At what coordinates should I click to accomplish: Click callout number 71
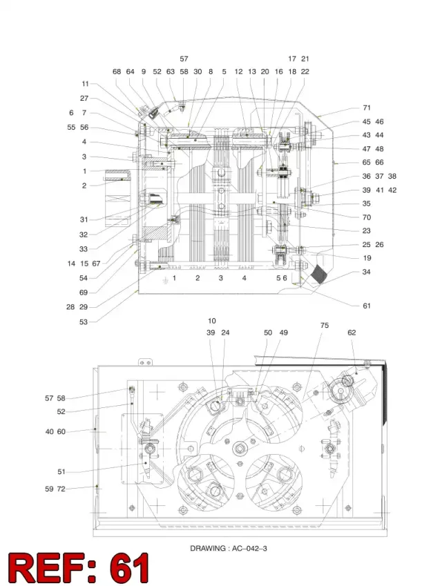(367, 108)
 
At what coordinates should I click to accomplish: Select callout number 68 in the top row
(117, 71)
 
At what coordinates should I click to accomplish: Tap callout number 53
(84, 322)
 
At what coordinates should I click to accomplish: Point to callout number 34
(366, 272)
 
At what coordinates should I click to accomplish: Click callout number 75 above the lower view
(324, 325)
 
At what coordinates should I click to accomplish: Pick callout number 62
(352, 332)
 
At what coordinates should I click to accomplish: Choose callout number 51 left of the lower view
(61, 471)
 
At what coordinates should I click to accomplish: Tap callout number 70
(367, 217)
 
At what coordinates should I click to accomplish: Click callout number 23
(367, 231)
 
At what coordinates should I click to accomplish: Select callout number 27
(84, 98)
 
